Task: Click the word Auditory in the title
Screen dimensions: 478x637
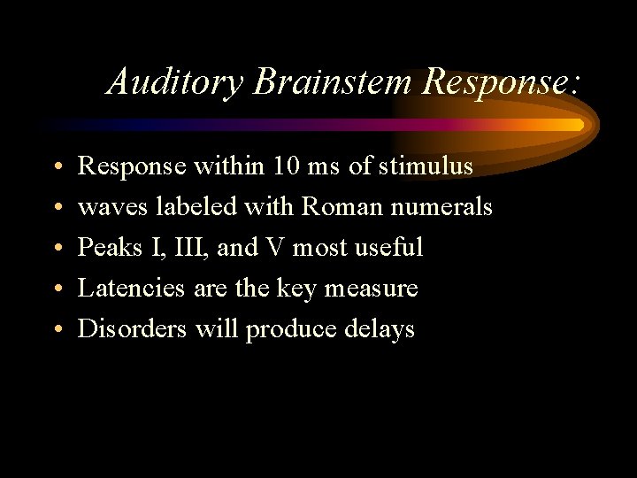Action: pos(177,82)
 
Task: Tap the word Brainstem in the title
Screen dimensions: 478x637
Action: pos(333,82)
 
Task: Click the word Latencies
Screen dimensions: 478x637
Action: pos(132,289)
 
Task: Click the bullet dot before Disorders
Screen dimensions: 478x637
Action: pos(56,331)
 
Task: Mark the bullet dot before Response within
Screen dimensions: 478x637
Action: pos(56,168)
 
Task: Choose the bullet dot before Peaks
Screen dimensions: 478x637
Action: pos(56,250)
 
